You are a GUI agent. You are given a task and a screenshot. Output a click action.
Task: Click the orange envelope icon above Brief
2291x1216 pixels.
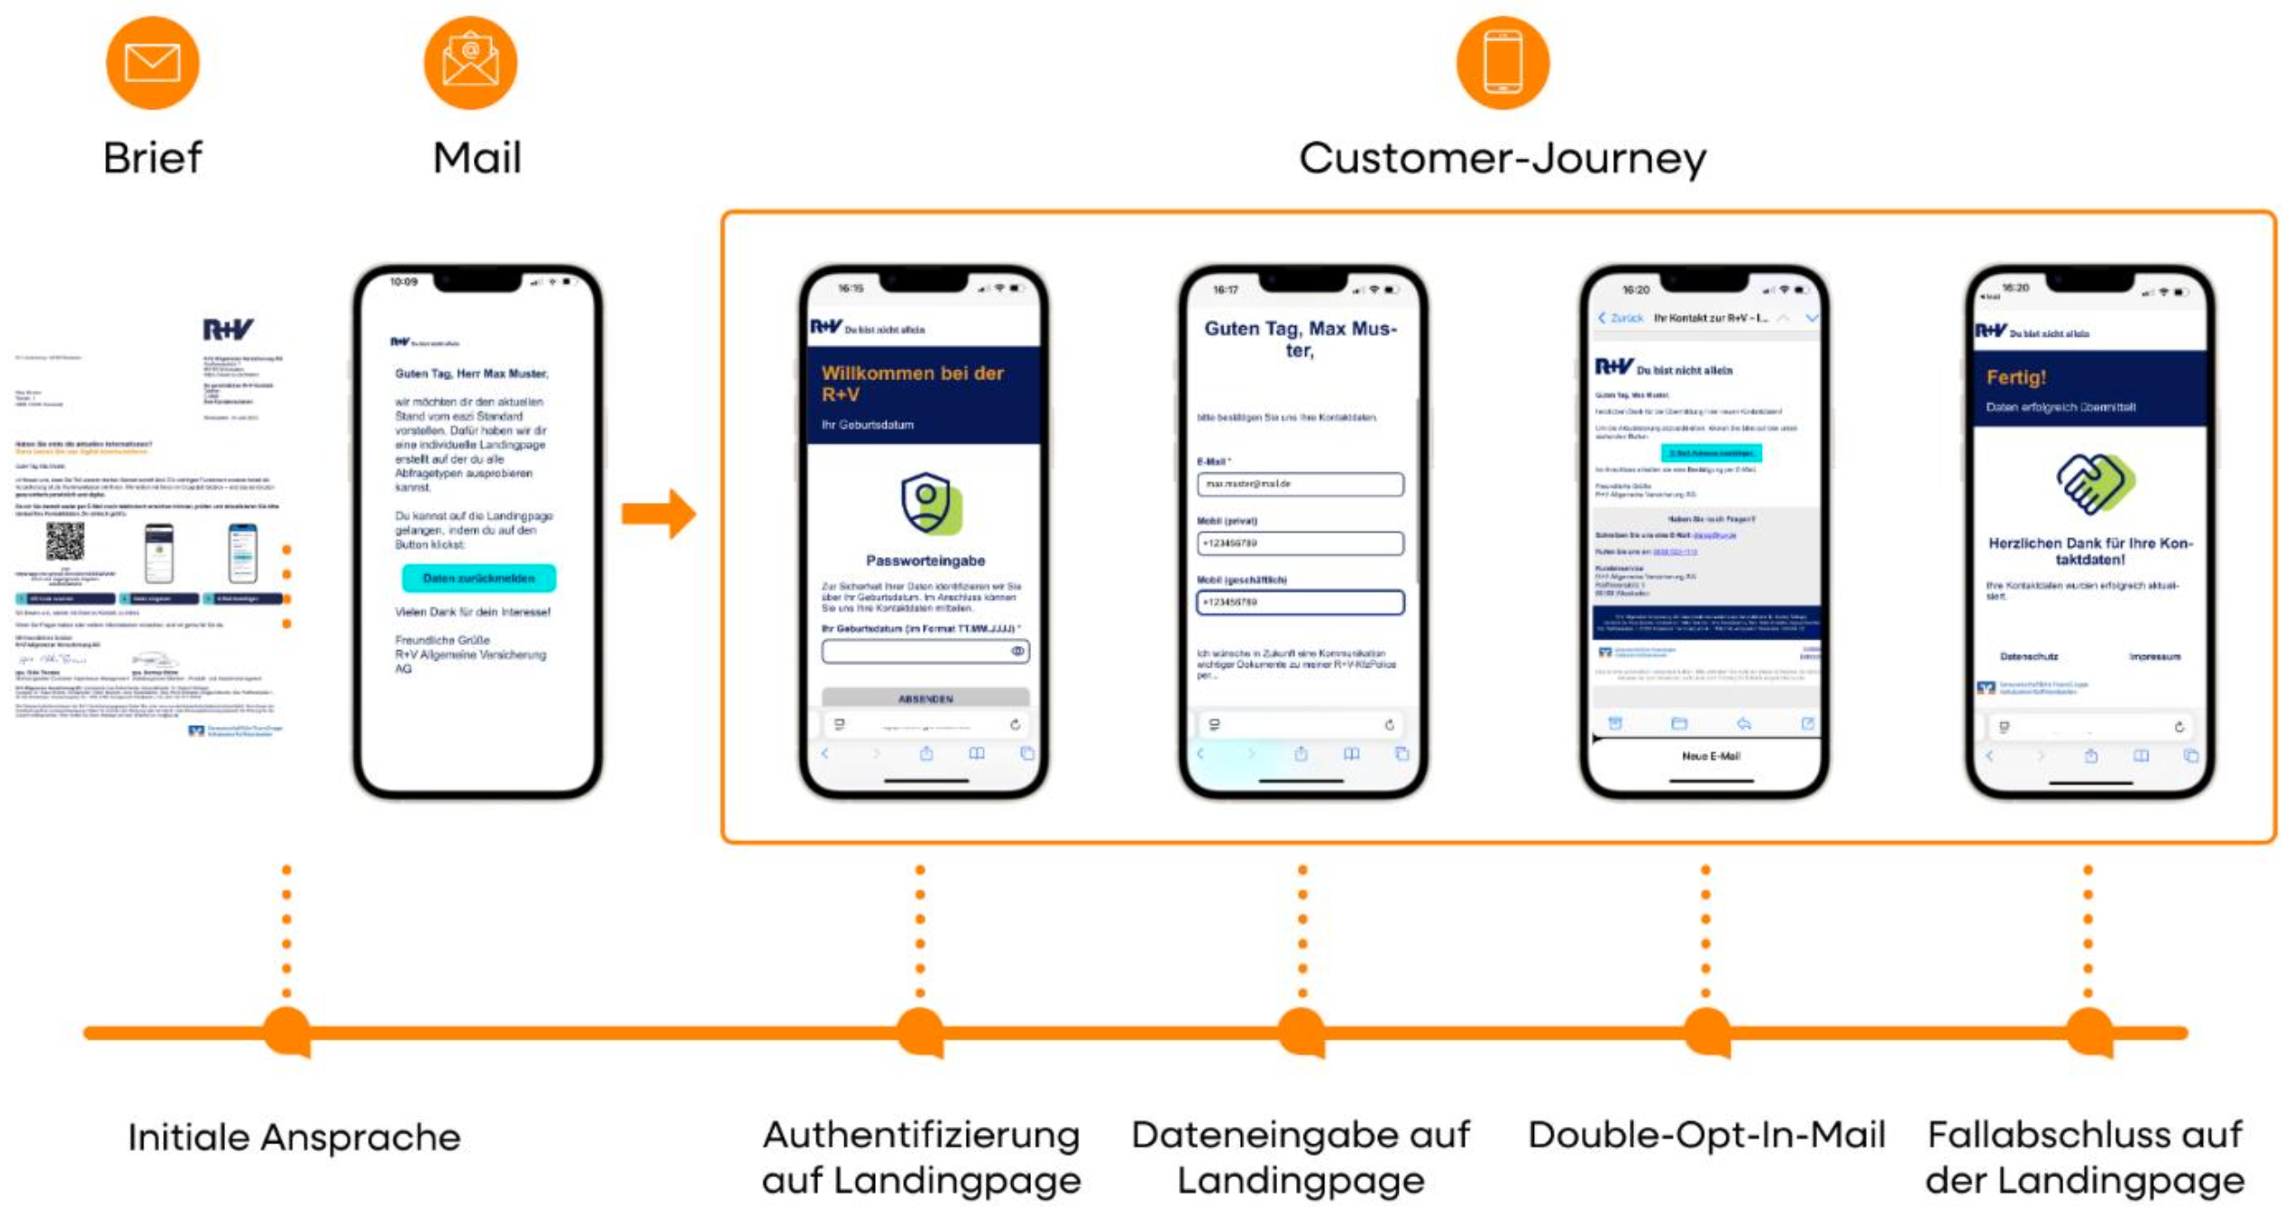click(x=152, y=63)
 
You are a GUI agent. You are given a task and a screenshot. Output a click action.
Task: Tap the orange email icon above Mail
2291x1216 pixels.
click(x=470, y=63)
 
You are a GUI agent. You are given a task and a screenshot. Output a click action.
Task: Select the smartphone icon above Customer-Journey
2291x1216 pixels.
click(x=1502, y=63)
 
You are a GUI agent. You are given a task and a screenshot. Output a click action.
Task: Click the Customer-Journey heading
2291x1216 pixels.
click(x=1502, y=159)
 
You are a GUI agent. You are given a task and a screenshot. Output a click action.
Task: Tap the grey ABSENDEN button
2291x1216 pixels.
click(x=925, y=698)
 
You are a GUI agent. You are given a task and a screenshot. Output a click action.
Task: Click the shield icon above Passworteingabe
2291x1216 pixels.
click(x=929, y=503)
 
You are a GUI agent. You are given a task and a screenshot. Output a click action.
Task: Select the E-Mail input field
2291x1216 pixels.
click(x=1300, y=485)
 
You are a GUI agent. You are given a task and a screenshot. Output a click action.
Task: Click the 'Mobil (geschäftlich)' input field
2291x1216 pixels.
click(x=1300, y=602)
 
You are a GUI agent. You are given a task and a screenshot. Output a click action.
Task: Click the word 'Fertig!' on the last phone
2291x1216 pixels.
click(x=2016, y=378)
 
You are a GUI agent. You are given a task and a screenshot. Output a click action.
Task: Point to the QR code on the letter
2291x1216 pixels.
click(x=65, y=541)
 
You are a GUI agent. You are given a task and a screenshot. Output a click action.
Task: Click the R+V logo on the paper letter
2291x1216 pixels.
click(x=227, y=329)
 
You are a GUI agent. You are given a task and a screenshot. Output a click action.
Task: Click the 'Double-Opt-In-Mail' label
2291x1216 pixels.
click(x=1706, y=1135)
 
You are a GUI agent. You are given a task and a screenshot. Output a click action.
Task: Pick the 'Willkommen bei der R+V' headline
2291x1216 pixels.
click(x=912, y=383)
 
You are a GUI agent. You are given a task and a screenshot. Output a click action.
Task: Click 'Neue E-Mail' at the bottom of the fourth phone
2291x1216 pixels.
click(x=1710, y=756)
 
